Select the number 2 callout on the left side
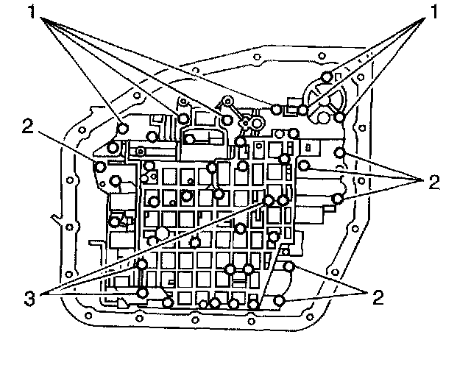pos(27,127)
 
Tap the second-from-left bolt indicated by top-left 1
pos(183,116)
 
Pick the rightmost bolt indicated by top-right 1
pos(339,116)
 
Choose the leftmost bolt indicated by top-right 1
pos(302,110)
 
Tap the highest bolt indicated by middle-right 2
pos(339,152)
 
